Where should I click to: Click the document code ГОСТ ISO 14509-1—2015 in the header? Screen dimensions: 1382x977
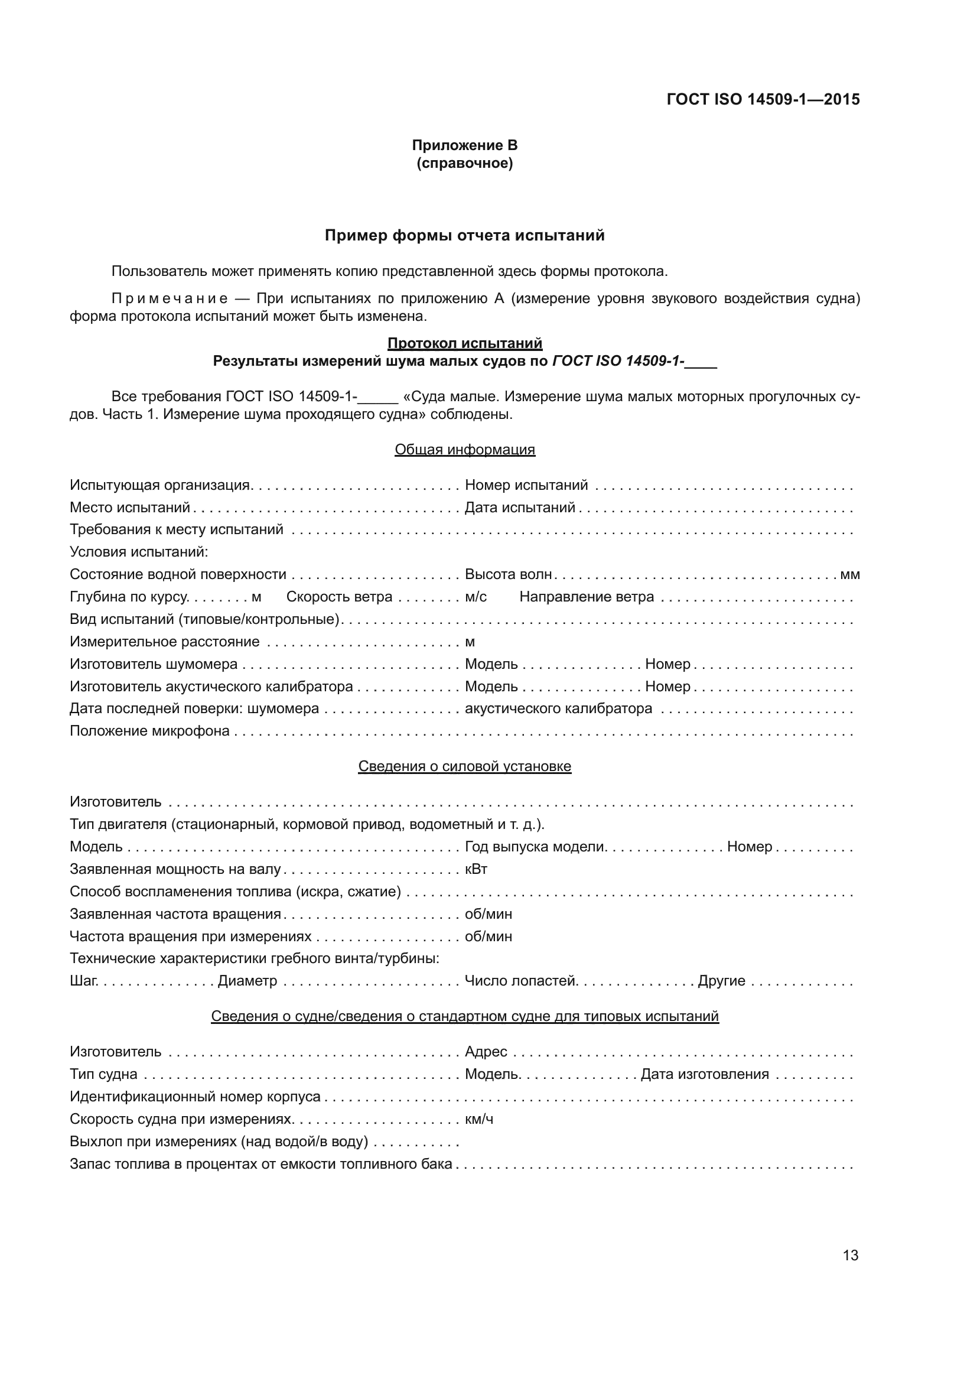(763, 99)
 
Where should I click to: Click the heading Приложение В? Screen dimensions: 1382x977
(464, 145)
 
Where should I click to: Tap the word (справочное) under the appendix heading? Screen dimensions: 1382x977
(464, 163)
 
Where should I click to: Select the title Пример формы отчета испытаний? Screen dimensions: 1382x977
(464, 235)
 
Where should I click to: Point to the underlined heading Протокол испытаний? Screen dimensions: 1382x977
(464, 343)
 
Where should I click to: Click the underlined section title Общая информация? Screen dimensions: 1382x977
(464, 450)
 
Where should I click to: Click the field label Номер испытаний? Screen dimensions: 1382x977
(526, 485)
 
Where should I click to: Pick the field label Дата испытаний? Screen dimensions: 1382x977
(520, 508)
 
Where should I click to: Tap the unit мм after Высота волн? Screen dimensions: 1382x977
(849, 574)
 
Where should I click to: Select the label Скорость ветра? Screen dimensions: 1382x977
(338, 597)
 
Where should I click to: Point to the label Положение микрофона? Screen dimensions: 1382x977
(149, 731)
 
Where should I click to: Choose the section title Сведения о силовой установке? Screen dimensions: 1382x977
(464, 766)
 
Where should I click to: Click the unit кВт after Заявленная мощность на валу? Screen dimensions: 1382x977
(476, 869)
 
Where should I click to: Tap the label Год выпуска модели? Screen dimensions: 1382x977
(535, 847)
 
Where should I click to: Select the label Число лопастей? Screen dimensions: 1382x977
(521, 981)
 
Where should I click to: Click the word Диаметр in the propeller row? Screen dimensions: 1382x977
(247, 981)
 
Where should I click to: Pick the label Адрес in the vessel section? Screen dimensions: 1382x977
(486, 1052)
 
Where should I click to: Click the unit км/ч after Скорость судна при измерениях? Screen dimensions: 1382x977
(479, 1119)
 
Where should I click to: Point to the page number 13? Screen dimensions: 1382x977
(850, 1255)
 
